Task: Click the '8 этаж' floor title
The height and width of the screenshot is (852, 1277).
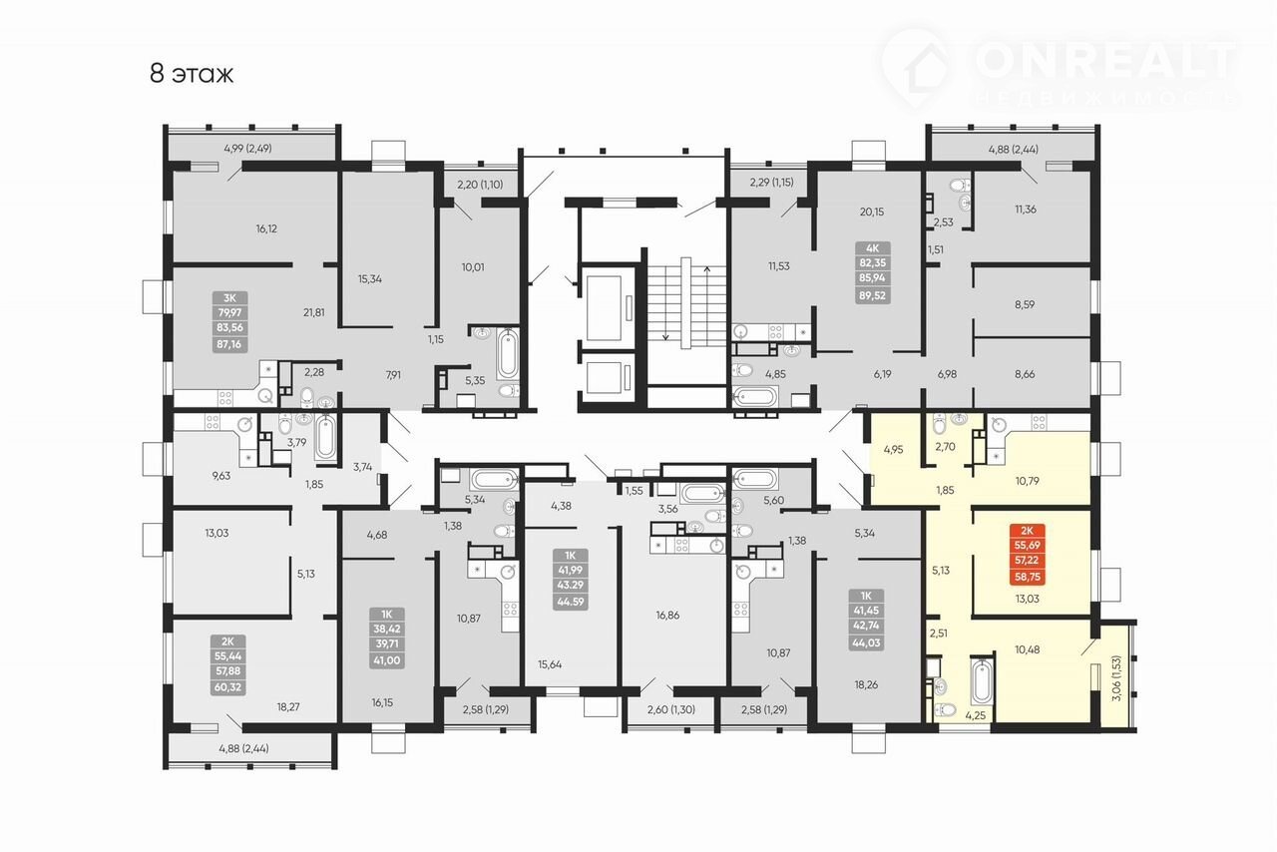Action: click(192, 74)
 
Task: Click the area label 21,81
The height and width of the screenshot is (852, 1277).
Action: click(314, 312)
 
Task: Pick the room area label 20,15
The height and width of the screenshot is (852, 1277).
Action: click(872, 213)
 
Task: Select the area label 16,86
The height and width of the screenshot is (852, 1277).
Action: click(667, 616)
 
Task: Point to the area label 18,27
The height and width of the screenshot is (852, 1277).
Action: click(288, 707)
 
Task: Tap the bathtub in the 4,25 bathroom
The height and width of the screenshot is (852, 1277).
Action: click(983, 681)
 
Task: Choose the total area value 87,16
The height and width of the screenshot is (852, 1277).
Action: click(229, 344)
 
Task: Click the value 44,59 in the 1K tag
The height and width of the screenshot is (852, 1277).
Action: click(570, 603)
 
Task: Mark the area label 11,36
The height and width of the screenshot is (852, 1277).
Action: click(1026, 210)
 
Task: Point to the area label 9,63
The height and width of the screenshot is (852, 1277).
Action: click(220, 476)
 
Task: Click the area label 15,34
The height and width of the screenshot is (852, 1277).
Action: click(370, 279)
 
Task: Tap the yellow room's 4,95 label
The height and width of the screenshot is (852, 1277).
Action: click(893, 449)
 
